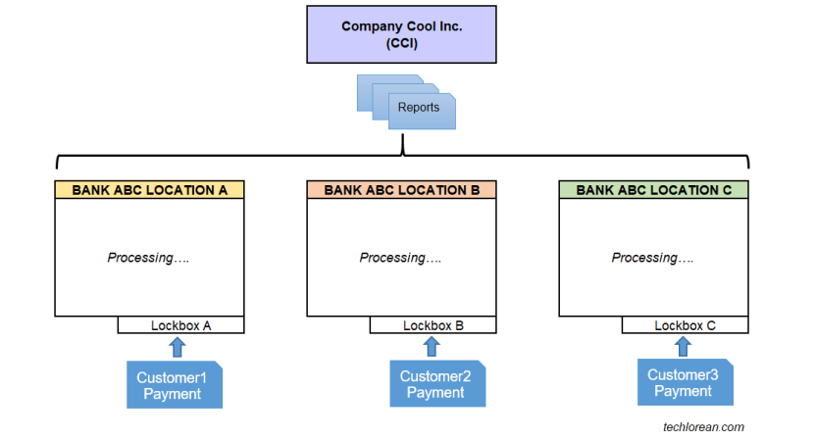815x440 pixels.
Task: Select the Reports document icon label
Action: (x=419, y=108)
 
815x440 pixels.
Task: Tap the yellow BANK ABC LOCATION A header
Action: (x=149, y=190)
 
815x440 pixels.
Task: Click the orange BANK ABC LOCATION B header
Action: (x=401, y=190)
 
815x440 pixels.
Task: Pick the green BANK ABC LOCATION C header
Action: (x=653, y=190)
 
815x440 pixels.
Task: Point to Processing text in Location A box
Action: (x=148, y=258)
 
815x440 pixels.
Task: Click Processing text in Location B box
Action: (x=400, y=258)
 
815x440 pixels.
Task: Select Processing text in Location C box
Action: (x=652, y=258)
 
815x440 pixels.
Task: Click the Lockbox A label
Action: (x=180, y=325)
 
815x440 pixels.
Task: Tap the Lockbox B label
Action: (x=433, y=325)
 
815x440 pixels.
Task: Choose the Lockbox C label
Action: (x=685, y=325)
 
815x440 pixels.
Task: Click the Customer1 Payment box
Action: (x=174, y=385)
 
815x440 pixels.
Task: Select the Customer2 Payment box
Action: (x=435, y=384)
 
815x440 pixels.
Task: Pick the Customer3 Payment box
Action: (x=683, y=382)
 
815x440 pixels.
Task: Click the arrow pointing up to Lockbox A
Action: (x=177, y=346)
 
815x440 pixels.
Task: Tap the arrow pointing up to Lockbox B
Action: (x=432, y=346)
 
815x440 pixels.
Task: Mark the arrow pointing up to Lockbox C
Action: (x=685, y=346)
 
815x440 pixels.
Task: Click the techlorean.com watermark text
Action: (x=703, y=426)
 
